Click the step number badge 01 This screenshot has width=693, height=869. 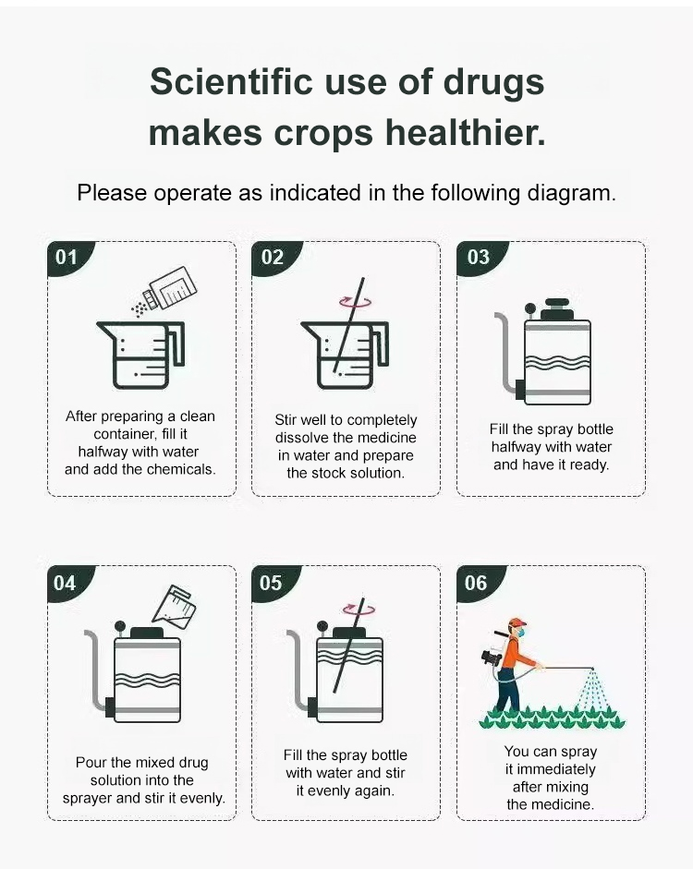point(67,257)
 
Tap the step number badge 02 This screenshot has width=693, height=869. point(273,257)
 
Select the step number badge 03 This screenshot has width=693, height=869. point(478,257)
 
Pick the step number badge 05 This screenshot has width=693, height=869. point(272,583)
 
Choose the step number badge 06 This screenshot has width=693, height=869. point(477,583)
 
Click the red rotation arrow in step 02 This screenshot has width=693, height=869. point(355,301)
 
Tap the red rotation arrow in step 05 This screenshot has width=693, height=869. point(359,610)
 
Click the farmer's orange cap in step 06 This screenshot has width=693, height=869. point(517,622)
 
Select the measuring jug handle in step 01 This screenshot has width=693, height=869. point(177,344)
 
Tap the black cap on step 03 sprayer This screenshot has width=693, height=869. point(556,308)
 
